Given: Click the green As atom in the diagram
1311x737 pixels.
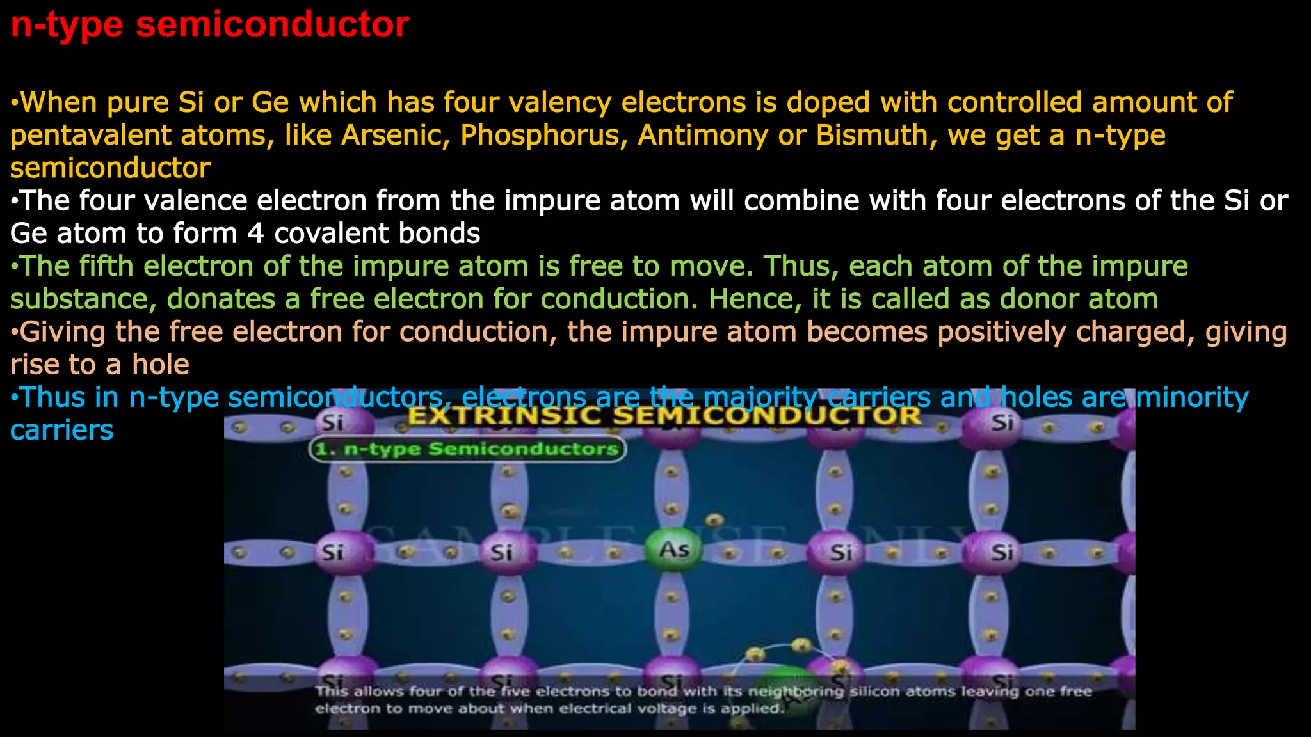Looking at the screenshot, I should point(674,550).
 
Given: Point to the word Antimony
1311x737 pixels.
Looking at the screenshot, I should point(702,135).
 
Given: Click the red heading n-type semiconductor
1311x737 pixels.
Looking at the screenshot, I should point(209,26).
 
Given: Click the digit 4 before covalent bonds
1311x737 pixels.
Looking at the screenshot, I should point(255,234).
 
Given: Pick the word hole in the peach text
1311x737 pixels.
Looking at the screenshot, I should point(161,365).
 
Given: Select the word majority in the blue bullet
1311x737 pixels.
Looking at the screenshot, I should point(760,397).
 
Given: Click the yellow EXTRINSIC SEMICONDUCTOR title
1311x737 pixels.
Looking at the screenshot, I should point(664,416).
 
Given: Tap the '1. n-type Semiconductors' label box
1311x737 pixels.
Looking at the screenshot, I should point(467,449).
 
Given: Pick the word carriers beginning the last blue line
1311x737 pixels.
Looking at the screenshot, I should point(62,430).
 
